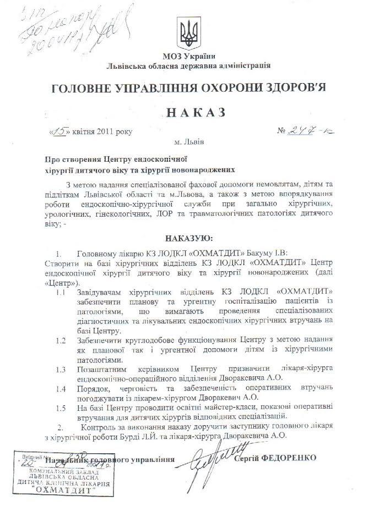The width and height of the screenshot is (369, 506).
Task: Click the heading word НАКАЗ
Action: click(x=189, y=112)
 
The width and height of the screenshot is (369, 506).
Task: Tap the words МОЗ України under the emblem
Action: click(x=189, y=56)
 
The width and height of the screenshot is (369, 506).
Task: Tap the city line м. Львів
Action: click(x=189, y=142)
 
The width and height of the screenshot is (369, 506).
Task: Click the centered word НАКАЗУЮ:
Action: click(x=189, y=238)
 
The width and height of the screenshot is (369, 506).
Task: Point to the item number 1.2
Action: click(x=62, y=340)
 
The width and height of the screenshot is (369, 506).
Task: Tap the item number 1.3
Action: click(x=62, y=369)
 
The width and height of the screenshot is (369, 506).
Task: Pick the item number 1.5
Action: click(x=62, y=408)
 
